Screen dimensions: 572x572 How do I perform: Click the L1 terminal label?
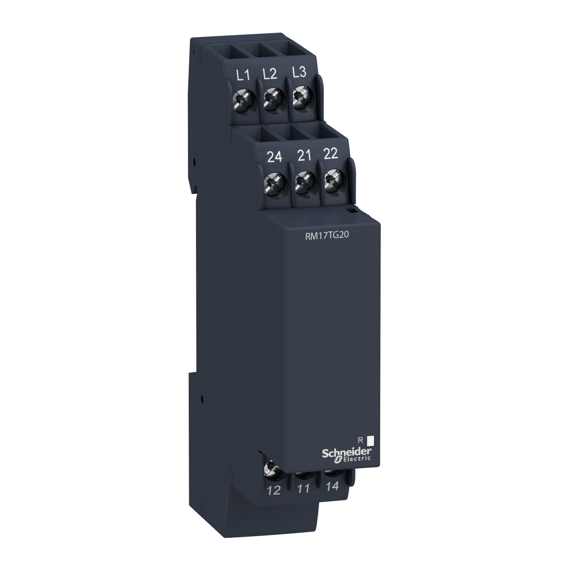click(243, 76)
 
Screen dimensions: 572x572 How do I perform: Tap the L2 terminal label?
click(270, 74)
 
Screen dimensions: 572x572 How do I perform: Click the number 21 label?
click(303, 156)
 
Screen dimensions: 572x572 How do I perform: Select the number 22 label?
click(331, 154)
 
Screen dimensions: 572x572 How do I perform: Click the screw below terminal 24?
click(274, 182)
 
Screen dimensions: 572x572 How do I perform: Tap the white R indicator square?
click(370, 441)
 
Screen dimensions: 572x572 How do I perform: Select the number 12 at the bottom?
click(274, 491)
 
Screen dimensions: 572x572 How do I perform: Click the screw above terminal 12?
click(272, 467)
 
